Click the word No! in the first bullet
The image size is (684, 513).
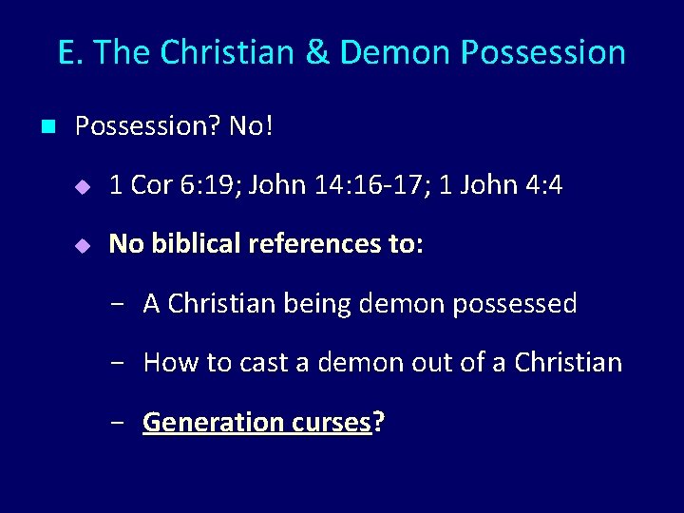[x=251, y=125]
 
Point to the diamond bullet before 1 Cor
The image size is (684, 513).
[x=83, y=186]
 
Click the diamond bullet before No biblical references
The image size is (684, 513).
[x=83, y=246]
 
